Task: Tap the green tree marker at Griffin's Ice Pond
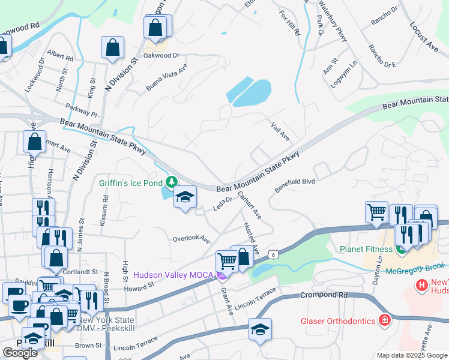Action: coord(172,181)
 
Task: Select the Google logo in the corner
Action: coord(20,353)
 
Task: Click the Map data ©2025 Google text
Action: coord(411,355)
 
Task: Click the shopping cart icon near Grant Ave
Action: coord(227,262)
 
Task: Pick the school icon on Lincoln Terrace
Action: coord(260,329)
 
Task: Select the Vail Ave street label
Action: coord(280,130)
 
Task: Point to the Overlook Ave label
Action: coord(191,239)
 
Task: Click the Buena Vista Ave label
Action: coord(167,77)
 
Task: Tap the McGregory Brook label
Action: coord(420,265)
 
